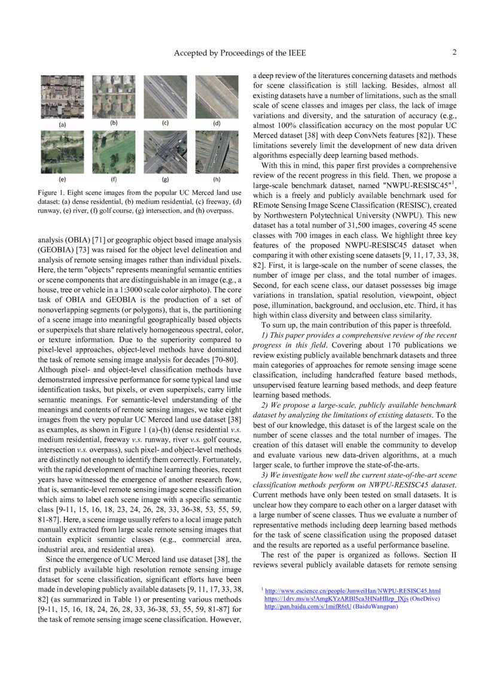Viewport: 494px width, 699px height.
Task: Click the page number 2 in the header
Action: (455, 53)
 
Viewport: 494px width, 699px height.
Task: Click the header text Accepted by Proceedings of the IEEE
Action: (240, 53)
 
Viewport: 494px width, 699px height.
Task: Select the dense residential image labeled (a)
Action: (62, 97)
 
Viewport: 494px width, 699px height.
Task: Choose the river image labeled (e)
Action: (62, 152)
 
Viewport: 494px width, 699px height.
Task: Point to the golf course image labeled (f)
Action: (114, 152)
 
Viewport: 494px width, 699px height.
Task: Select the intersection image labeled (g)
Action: (165, 152)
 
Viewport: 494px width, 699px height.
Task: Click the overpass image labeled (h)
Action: (217, 152)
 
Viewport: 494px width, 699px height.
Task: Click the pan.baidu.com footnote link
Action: (309, 606)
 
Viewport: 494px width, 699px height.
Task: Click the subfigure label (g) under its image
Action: (165, 179)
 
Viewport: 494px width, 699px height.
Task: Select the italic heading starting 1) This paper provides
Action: (359, 336)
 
